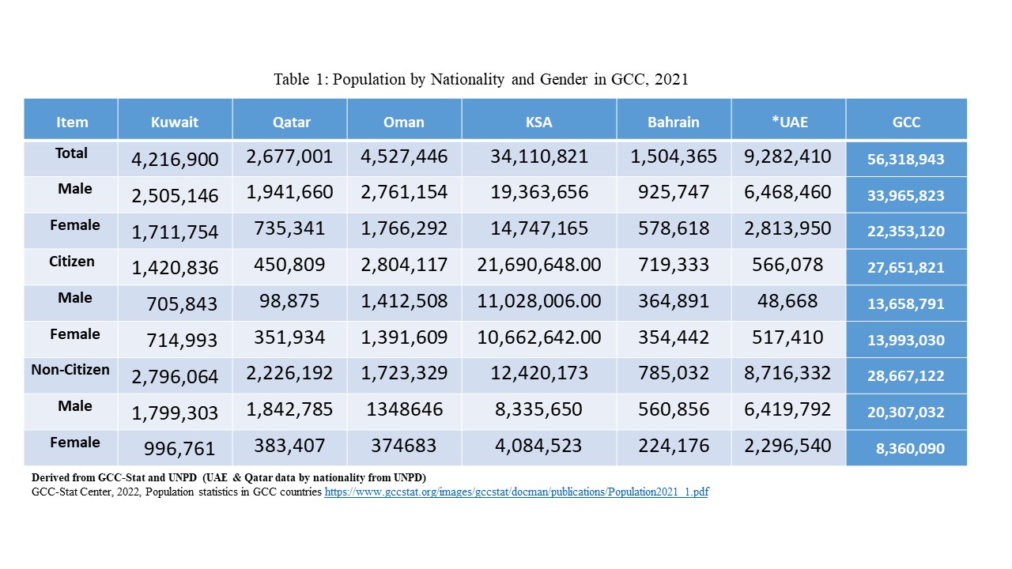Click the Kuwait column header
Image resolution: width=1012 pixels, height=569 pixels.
pyautogui.click(x=175, y=122)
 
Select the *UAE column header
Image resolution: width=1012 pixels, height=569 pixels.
pyautogui.click(x=790, y=122)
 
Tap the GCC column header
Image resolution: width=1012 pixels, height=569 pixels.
pyautogui.click(x=906, y=122)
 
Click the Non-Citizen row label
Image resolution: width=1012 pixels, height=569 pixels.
pyautogui.click(x=70, y=370)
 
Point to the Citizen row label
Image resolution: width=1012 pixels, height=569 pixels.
pyautogui.click(x=72, y=262)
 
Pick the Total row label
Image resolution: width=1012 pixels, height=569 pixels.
pyautogui.click(x=71, y=153)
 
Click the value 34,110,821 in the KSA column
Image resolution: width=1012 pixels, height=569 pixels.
pyautogui.click(x=539, y=156)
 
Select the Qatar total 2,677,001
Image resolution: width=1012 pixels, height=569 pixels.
pyautogui.click(x=289, y=156)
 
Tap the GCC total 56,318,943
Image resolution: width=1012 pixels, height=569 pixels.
pyautogui.click(x=906, y=160)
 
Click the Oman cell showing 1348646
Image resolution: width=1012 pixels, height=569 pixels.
pyautogui.click(x=404, y=409)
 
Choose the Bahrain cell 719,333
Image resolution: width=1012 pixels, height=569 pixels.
pyautogui.click(x=674, y=265)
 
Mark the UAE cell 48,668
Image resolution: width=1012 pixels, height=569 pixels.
pyautogui.click(x=787, y=301)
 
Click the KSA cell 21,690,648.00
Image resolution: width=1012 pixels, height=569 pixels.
pyautogui.click(x=539, y=265)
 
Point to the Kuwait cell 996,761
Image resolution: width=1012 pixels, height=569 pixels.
pyautogui.click(x=179, y=448)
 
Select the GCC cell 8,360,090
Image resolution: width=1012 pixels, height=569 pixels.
pyautogui.click(x=910, y=448)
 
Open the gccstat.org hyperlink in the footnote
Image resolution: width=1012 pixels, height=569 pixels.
pyautogui.click(x=516, y=492)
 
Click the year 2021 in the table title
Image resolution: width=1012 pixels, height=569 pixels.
pyautogui.click(x=671, y=80)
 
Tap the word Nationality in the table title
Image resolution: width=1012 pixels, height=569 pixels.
pyautogui.click(x=467, y=80)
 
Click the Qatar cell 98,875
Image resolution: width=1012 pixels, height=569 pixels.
pyautogui.click(x=289, y=301)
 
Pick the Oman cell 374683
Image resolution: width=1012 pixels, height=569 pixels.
pyautogui.click(x=404, y=446)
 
